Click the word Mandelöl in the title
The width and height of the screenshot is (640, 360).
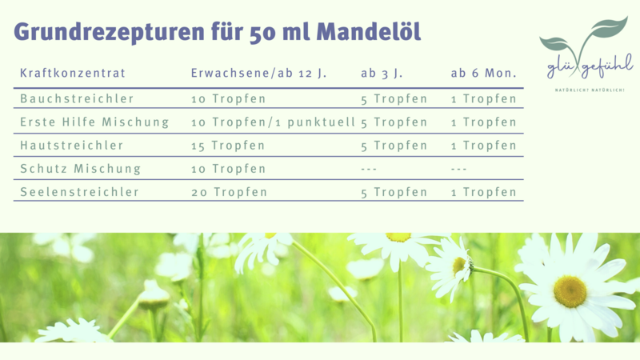pyautogui.click(x=368, y=31)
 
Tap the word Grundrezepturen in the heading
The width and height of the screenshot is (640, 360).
pyautogui.click(x=109, y=33)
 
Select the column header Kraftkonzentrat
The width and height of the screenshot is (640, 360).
pyautogui.click(x=73, y=73)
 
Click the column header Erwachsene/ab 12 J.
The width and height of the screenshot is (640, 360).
pyautogui.click(x=258, y=73)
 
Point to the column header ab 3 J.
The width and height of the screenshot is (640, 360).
pyautogui.click(x=382, y=73)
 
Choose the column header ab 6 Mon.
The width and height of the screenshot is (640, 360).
pyautogui.click(x=484, y=73)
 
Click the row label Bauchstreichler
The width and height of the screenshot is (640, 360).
pyautogui.click(x=77, y=98)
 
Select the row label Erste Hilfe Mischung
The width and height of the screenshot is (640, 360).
pyautogui.click(x=94, y=122)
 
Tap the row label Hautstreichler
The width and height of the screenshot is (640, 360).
pyautogui.click(x=71, y=146)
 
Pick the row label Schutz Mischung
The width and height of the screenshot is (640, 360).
pyautogui.click(x=81, y=169)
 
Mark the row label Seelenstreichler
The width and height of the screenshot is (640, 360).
pyautogui.click(x=79, y=192)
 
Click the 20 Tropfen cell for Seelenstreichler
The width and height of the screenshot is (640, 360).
pyautogui.click(x=229, y=192)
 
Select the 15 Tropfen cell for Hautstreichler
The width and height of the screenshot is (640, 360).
pyautogui.click(x=228, y=146)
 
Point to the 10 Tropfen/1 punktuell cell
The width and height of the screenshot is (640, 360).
pyautogui.click(x=273, y=122)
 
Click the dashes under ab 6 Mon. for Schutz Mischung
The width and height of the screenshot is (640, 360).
pyautogui.click(x=458, y=169)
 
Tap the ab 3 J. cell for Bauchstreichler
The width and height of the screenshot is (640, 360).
pyautogui.click(x=394, y=99)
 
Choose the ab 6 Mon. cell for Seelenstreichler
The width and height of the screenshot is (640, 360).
pyautogui.click(x=484, y=192)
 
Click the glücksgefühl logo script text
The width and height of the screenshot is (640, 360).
pyautogui.click(x=590, y=66)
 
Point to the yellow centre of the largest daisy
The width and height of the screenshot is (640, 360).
pyautogui.click(x=570, y=291)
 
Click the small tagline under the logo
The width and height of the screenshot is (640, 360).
pyautogui.click(x=590, y=90)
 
